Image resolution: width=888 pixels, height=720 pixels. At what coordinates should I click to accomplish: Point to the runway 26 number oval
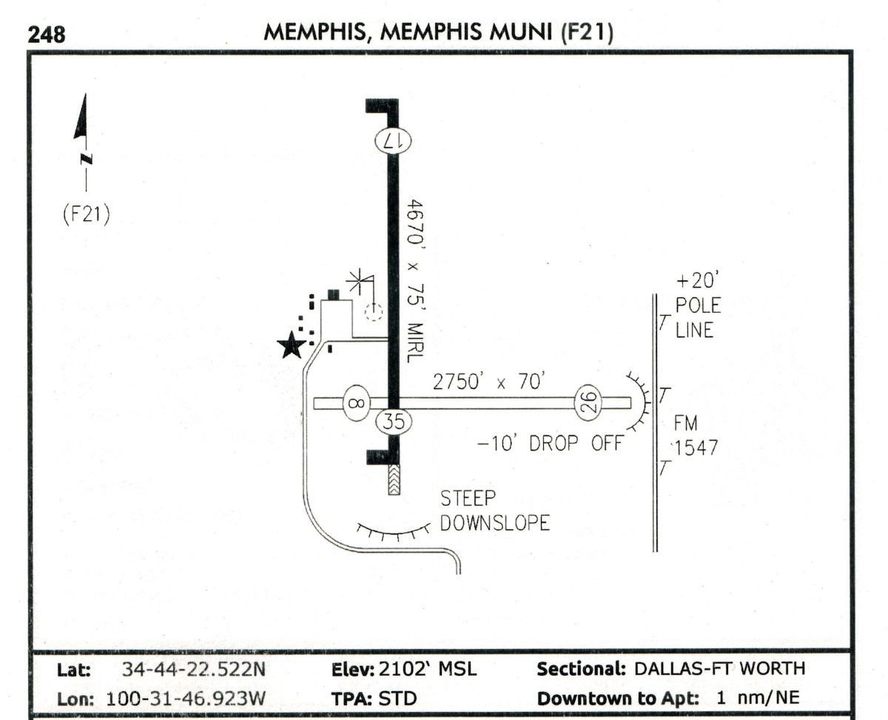pos(589,403)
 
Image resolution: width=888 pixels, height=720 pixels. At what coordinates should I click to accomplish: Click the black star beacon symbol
pos(292,344)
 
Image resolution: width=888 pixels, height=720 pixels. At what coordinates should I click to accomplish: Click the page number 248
pos(47,34)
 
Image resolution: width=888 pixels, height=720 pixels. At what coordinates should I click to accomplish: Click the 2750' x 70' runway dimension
pos(489,382)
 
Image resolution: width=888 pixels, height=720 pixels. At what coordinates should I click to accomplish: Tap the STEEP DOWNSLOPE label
pos(494,511)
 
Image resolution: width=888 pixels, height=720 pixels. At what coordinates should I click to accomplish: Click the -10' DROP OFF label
pos(550,445)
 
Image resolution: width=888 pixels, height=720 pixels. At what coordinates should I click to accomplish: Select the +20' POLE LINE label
pos(697,306)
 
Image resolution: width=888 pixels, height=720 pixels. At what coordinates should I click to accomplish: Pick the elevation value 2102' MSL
pos(428,670)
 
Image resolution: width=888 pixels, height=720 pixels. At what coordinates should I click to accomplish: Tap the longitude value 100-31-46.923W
pos(187,698)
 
